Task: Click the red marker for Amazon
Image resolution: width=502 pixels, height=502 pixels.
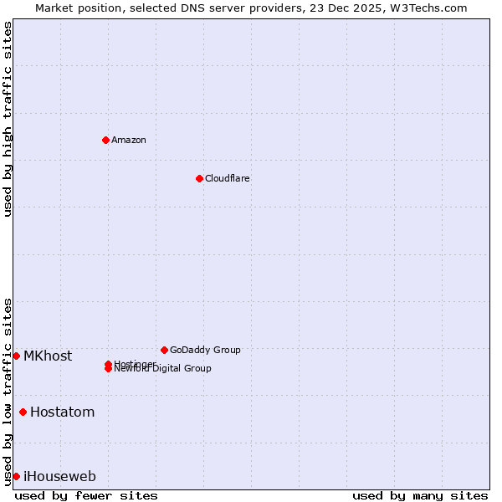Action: (x=105, y=140)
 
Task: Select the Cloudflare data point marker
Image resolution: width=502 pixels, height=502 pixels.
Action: (x=199, y=178)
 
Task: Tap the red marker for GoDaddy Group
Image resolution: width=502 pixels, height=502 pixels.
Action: (x=164, y=350)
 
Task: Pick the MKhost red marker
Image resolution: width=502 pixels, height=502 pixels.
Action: (x=16, y=356)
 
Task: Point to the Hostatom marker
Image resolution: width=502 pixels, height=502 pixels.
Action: (x=23, y=412)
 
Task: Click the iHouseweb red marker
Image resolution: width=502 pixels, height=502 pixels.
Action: (x=16, y=476)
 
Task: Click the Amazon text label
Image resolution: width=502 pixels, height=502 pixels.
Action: (x=128, y=140)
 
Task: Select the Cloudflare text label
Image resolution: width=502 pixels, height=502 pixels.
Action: (x=227, y=178)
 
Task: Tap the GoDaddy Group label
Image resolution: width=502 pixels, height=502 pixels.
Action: (x=204, y=350)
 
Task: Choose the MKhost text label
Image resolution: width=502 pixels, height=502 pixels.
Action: (x=48, y=356)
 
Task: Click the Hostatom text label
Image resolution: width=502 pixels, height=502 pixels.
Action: (x=62, y=412)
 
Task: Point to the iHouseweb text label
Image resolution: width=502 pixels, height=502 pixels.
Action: (x=59, y=476)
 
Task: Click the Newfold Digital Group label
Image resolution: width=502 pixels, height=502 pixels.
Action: (x=163, y=369)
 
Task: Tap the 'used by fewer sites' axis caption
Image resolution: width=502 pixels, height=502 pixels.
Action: (x=86, y=495)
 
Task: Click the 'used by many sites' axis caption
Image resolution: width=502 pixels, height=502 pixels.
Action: (x=420, y=495)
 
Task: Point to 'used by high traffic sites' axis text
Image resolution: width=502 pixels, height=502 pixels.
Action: (x=8, y=119)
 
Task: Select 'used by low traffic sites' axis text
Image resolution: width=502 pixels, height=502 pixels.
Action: (x=8, y=391)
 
